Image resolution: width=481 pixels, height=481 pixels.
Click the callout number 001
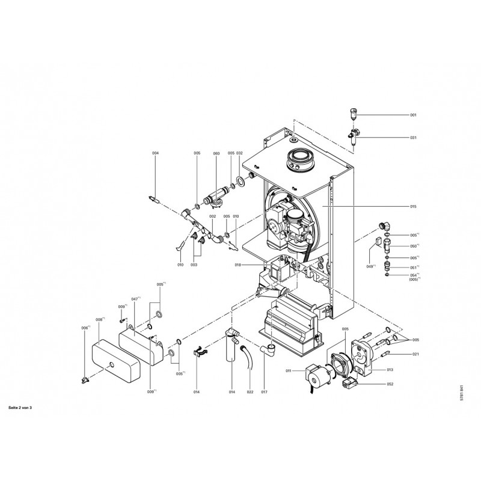point(413,114)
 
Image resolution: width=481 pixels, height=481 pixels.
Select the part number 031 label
point(413,138)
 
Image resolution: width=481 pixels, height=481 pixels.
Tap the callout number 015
point(413,206)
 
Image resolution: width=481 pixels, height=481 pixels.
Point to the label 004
point(155,153)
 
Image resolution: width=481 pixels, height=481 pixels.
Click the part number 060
point(216,153)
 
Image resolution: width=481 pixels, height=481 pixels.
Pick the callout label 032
point(239,153)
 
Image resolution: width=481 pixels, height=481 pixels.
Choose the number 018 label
point(238,265)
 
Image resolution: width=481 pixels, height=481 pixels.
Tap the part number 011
point(288,371)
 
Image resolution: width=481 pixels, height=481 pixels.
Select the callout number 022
point(250,392)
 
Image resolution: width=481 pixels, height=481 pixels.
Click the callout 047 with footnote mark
point(135,298)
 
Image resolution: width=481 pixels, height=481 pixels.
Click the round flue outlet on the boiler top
point(298,160)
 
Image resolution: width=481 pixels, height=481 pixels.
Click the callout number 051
point(414,267)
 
